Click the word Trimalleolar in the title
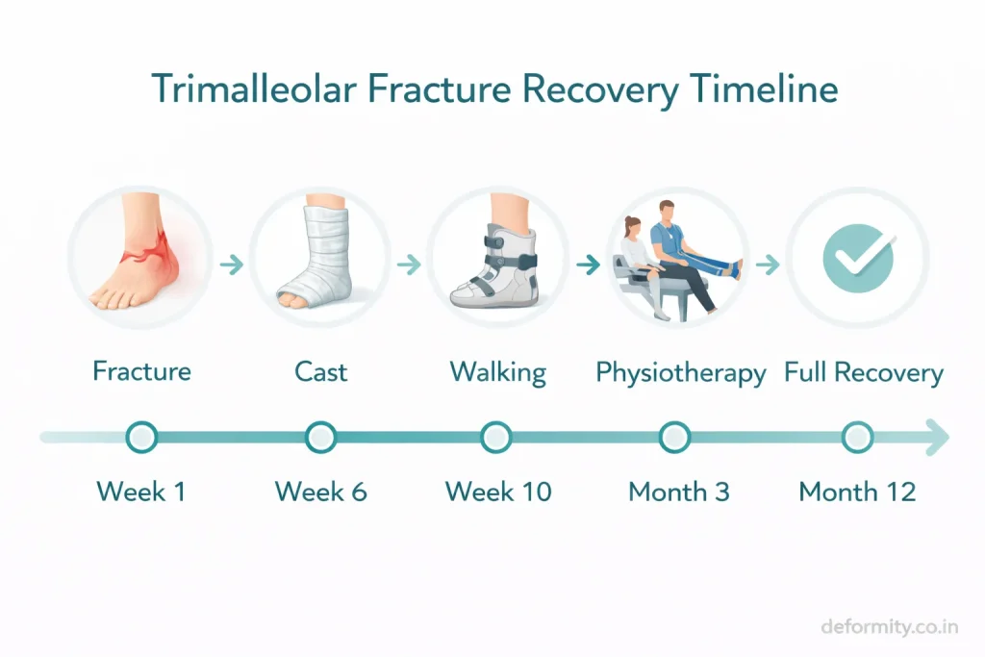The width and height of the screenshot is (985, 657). point(254,89)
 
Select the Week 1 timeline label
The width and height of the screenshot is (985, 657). point(141,492)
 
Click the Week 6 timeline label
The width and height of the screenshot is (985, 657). point(320,492)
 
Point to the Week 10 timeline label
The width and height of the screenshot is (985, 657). point(498,492)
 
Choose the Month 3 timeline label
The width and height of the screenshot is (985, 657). point(679,492)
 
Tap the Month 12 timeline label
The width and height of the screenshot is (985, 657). point(857,492)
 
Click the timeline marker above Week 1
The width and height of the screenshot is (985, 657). point(141,437)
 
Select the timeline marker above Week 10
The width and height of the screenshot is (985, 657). point(495,437)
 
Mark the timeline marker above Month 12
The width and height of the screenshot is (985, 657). point(857,437)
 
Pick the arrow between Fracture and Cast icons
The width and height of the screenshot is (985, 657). point(232,265)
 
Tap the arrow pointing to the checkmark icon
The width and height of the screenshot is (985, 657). point(767,265)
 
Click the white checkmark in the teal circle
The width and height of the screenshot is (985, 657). point(861,258)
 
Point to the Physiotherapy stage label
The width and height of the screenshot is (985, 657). point(680,373)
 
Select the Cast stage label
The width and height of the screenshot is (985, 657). point(320,372)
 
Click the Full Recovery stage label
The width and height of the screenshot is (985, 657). point(864,372)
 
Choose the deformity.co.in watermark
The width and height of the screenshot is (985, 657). point(890,626)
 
